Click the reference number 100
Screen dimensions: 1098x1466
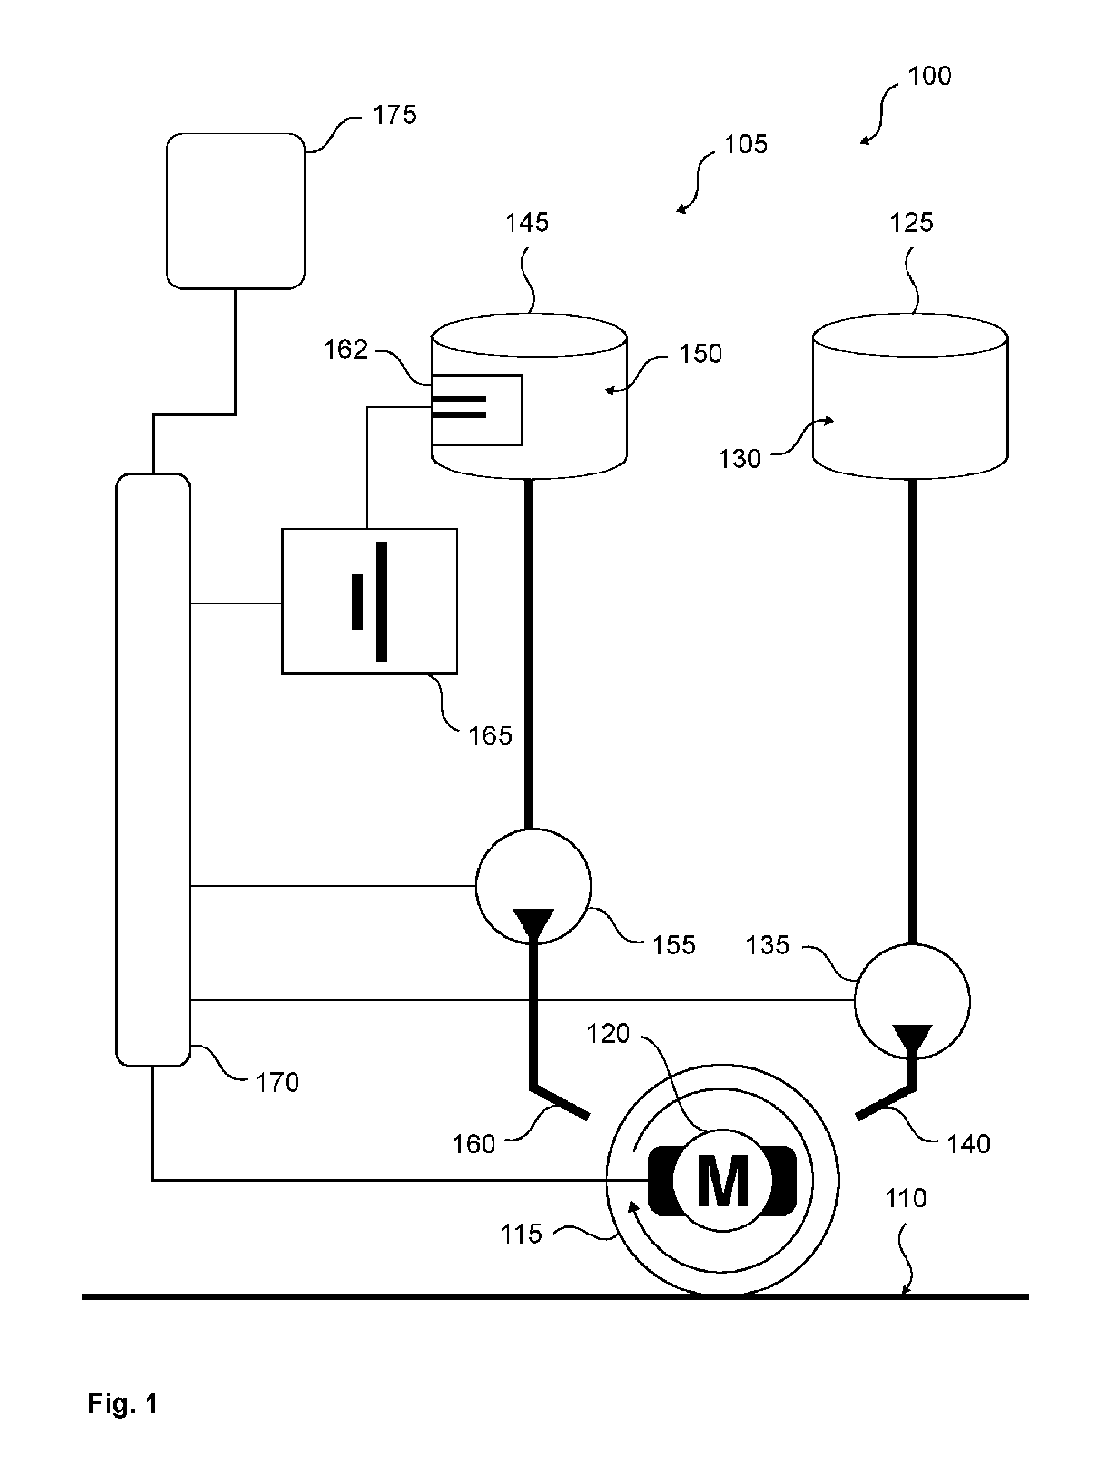pyautogui.click(x=930, y=76)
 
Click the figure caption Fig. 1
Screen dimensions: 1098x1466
pyautogui.click(x=123, y=1403)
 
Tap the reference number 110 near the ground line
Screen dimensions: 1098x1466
pyautogui.click(x=906, y=1198)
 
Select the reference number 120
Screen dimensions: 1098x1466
pyautogui.click(x=608, y=1033)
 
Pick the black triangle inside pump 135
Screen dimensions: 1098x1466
pyautogui.click(x=912, y=1038)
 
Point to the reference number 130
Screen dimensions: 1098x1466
pyautogui.click(x=740, y=459)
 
